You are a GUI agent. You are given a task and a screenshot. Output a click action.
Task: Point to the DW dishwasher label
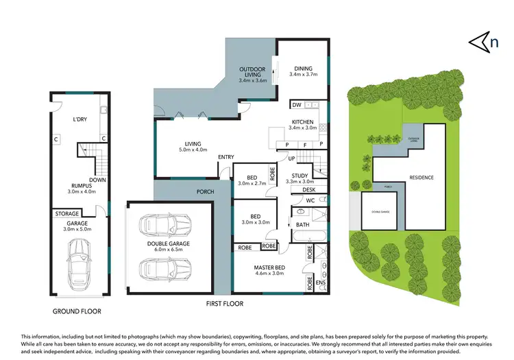(296, 105)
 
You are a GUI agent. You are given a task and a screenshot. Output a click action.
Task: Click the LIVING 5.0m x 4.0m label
(193, 145)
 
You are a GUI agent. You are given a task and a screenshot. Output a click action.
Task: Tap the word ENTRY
(226, 158)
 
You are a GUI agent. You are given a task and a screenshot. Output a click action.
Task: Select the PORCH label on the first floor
(205, 192)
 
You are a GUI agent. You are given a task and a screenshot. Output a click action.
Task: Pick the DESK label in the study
(299, 190)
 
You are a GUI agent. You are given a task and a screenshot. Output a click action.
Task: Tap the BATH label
(302, 225)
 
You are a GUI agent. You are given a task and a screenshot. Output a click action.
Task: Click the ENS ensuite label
(319, 281)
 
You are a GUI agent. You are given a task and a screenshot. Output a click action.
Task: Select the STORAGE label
(67, 214)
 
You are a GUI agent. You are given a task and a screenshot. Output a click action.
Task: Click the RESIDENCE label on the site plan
(421, 178)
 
